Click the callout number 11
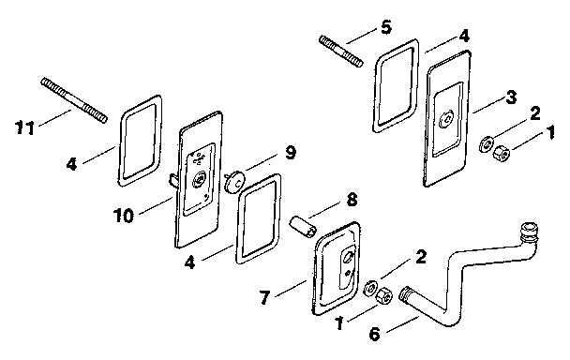coord(24,128)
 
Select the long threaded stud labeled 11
coord(74,100)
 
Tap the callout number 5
coord(386,27)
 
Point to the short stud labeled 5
coord(341,52)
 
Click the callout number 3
coord(511,97)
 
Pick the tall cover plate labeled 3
coord(447,118)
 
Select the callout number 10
coord(124,216)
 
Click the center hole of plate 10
coord(199,179)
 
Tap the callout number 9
coord(290,153)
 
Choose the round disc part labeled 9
coord(234,183)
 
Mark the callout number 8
coord(352,200)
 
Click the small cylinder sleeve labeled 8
coord(303,227)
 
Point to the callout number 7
coord(264,297)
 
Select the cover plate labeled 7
coord(337,268)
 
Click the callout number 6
coord(374,334)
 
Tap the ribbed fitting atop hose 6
coord(529,234)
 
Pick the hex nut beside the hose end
coord(383,295)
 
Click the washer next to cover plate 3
coord(486,144)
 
